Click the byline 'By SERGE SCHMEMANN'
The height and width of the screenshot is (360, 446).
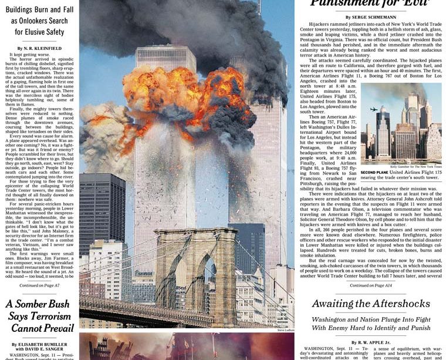pyautogui.click(x=370, y=18)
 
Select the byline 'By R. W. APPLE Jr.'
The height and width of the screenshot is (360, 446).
pyautogui.click(x=370, y=342)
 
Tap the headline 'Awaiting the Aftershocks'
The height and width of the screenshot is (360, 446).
pyautogui.click(x=370, y=304)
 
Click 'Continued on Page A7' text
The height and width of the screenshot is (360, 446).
pyautogui.click(x=39, y=285)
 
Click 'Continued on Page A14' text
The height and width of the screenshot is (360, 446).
pyautogui.click(x=370, y=285)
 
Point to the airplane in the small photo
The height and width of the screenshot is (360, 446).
pyautogui.click(x=374, y=109)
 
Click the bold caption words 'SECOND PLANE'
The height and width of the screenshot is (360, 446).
pyautogui.click(x=373, y=173)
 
